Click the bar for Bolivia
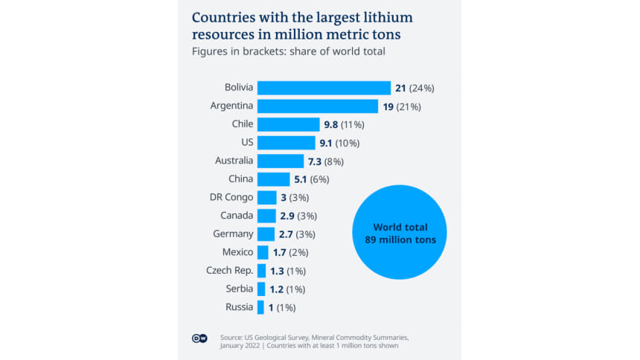click(324, 88)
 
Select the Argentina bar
click(318, 106)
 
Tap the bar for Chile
click(287, 124)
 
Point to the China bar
click(273, 179)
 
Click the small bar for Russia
click(260, 307)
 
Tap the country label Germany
click(233, 234)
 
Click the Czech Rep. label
click(230, 270)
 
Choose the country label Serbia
click(240, 289)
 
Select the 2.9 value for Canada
click(286, 216)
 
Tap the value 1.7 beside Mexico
click(280, 252)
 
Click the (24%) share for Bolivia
click(420, 88)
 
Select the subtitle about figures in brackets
click(289, 51)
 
